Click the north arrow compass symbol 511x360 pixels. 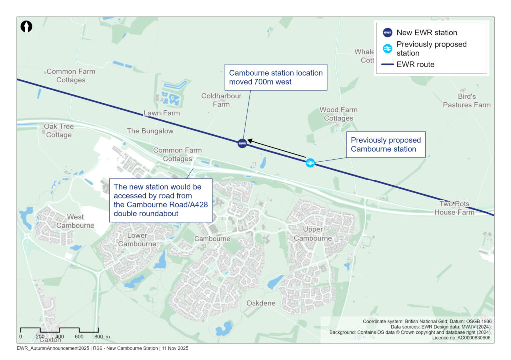coord(26,27)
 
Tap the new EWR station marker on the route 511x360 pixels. coord(242,143)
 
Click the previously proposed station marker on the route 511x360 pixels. coord(310,163)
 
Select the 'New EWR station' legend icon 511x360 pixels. coord(388,33)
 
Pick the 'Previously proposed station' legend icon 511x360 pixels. coord(388,48)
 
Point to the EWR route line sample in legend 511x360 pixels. coord(388,64)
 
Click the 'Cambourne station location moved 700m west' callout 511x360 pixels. coord(275,77)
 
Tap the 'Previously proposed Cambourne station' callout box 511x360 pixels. coord(386,145)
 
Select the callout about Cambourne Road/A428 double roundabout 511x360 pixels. coord(161,200)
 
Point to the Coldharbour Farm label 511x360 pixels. coord(221,100)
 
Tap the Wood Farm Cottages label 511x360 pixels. coord(339,114)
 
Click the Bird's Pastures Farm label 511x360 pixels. coord(467,100)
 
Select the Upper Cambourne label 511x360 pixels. coord(313,234)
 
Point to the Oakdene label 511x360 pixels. coord(261,303)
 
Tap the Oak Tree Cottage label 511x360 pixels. coord(59,131)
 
